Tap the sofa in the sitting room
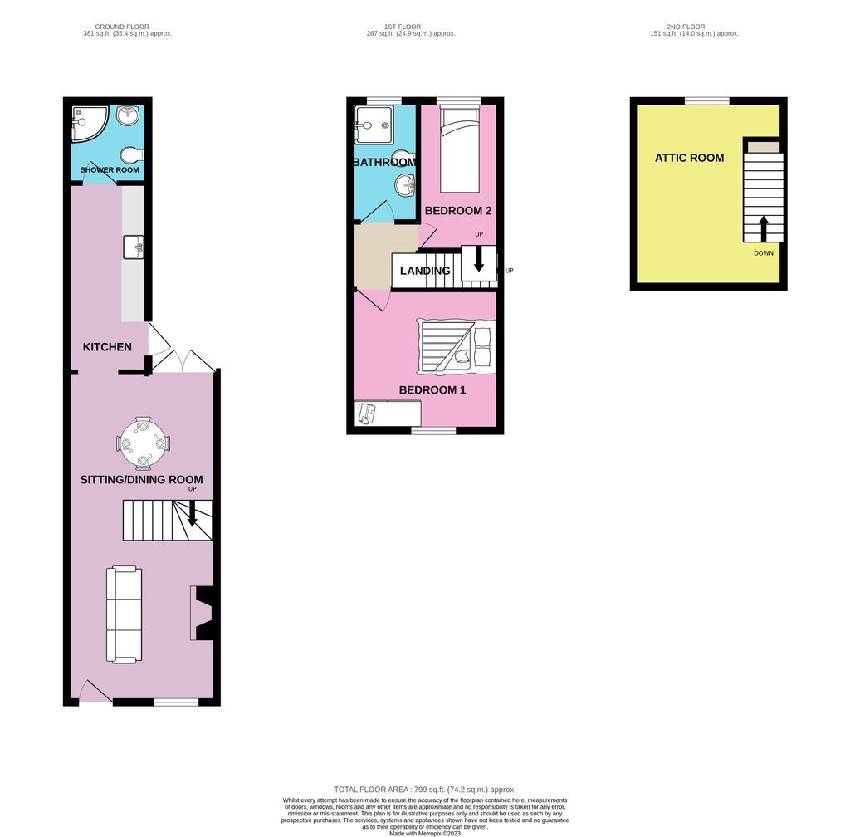click(124, 614)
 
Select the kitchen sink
click(133, 246)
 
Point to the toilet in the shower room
click(131, 154)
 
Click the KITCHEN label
click(107, 346)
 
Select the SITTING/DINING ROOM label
click(141, 479)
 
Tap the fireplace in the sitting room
click(202, 613)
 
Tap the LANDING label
click(425, 271)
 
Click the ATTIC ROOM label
click(689, 158)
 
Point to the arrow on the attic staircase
click(764, 228)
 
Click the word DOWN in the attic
click(764, 253)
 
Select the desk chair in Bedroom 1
click(368, 413)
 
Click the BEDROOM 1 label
click(432, 389)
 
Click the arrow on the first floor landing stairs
click(479, 261)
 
